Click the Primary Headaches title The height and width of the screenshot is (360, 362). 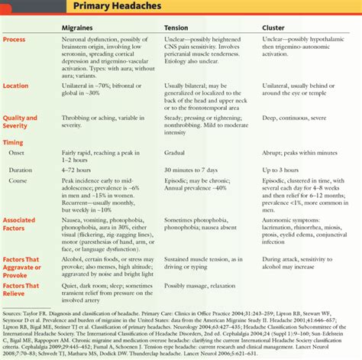(114, 9)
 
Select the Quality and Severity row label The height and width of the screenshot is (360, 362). (20, 122)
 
